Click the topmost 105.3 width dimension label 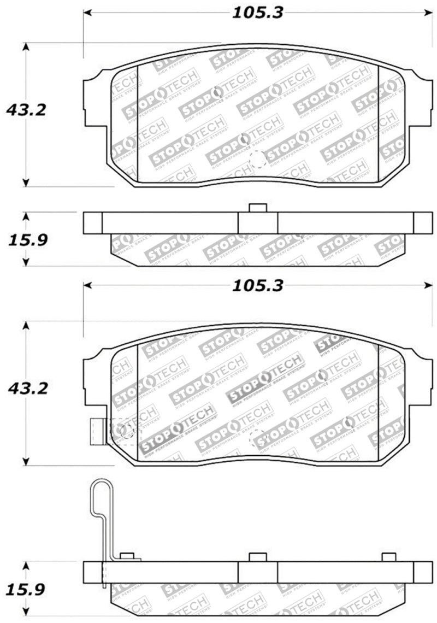click(258, 13)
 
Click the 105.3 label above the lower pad click(258, 286)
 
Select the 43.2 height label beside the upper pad click(26, 110)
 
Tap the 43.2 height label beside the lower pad click(26, 389)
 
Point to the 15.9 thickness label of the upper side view click(26, 239)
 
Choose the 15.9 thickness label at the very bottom click(26, 590)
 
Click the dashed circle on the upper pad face click(257, 159)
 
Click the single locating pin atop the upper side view click(257, 208)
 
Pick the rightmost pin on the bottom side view click(388, 556)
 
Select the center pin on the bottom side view click(257, 556)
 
